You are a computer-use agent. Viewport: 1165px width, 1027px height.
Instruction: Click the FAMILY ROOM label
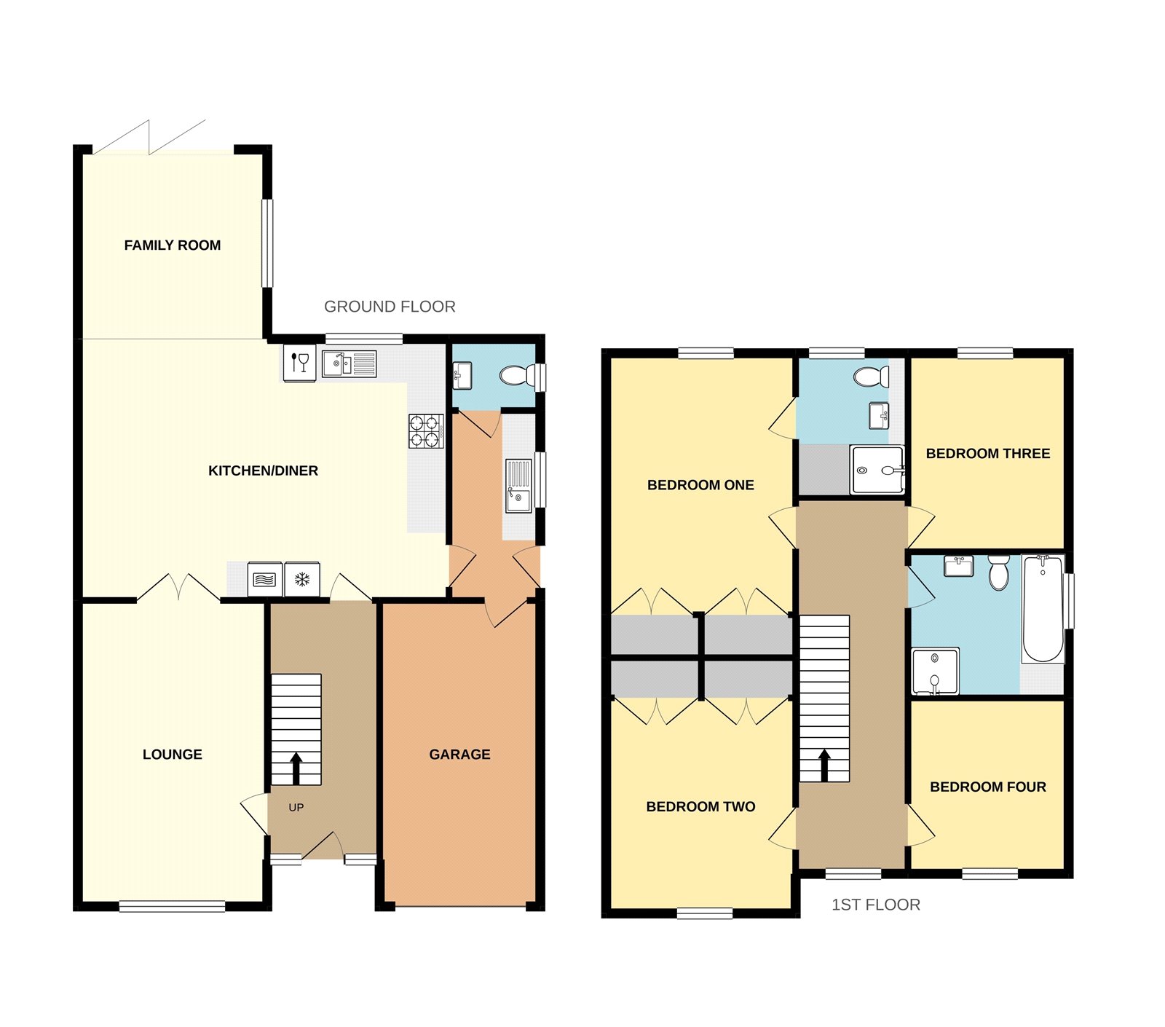pyautogui.click(x=173, y=245)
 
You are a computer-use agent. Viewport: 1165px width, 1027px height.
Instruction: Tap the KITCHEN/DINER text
pyautogui.click(x=263, y=471)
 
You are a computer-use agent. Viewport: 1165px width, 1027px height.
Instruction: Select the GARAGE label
pyautogui.click(x=459, y=755)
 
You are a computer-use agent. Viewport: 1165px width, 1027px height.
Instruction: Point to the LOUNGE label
pyautogui.click(x=173, y=755)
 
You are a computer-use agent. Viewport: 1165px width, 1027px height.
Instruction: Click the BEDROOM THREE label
pyautogui.click(x=987, y=454)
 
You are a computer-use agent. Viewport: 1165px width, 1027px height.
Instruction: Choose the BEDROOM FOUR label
pyautogui.click(x=987, y=787)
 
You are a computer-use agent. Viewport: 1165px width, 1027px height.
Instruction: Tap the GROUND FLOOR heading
pyautogui.click(x=390, y=307)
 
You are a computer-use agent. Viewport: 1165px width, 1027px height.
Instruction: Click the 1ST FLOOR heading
pyautogui.click(x=875, y=905)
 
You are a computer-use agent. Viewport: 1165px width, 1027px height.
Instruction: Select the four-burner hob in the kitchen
pyautogui.click(x=426, y=430)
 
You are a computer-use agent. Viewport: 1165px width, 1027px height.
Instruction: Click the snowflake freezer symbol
pyautogui.click(x=302, y=580)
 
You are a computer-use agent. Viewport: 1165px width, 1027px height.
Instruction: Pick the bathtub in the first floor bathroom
pyautogui.click(x=1043, y=609)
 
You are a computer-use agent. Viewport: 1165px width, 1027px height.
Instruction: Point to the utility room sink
pyautogui.click(x=518, y=487)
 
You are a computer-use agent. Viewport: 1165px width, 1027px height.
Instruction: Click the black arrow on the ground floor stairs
pyautogui.click(x=296, y=767)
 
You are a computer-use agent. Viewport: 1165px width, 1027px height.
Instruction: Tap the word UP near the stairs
pyautogui.click(x=296, y=808)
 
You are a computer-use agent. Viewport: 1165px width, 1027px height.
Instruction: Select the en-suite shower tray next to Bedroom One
pyautogui.click(x=877, y=470)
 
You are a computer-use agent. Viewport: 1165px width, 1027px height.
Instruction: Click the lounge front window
pyautogui.click(x=172, y=906)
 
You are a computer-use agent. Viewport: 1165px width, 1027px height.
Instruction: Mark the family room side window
pyautogui.click(x=267, y=243)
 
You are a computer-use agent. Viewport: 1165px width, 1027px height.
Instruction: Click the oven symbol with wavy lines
pyautogui.click(x=264, y=580)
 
